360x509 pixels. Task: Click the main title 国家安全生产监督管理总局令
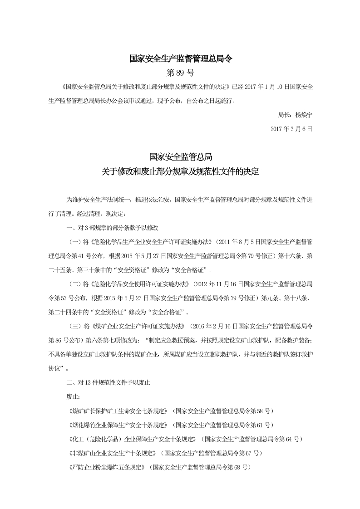click(x=180, y=59)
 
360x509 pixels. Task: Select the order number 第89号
click(x=180, y=73)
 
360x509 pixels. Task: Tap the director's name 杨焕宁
click(x=304, y=114)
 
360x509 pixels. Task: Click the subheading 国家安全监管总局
click(x=180, y=157)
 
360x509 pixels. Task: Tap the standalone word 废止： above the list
click(x=73, y=397)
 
